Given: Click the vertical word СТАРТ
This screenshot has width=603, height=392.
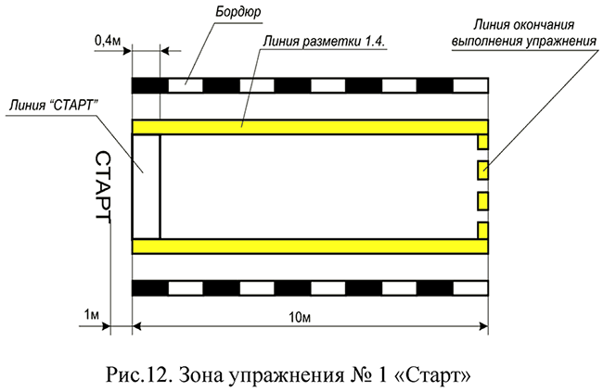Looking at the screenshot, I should coord(103,185).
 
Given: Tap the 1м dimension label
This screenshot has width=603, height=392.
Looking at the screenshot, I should coord(91,315).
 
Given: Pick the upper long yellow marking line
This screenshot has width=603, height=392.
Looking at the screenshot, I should coord(310,126).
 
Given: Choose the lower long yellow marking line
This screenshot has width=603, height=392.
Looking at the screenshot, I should coord(310,246).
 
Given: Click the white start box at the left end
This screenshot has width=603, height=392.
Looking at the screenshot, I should coord(146,185).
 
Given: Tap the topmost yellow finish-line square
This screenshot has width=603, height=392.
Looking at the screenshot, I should coord(482,142).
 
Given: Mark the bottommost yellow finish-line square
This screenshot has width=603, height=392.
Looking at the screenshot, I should coord(482,230).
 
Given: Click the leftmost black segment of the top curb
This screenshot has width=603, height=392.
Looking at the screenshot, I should coord(150,85).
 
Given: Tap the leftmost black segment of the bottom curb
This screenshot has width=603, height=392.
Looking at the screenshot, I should coord(150,287).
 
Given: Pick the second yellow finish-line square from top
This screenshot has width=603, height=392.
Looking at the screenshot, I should coord(482,171).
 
